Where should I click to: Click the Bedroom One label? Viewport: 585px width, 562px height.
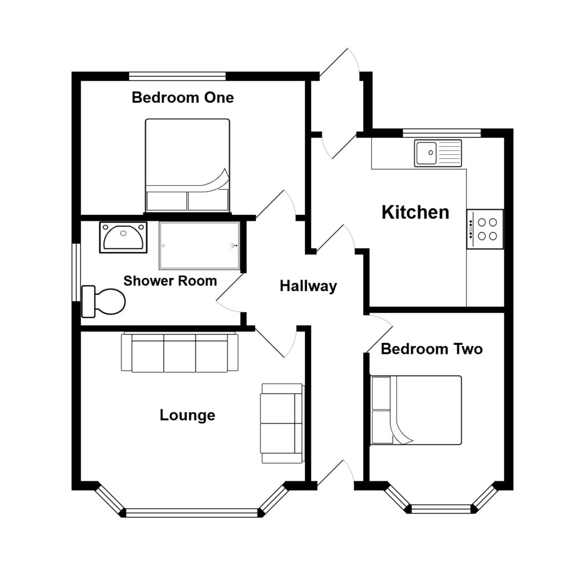pyautogui.click(x=182, y=98)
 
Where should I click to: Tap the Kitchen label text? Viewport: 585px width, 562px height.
pyautogui.click(x=415, y=213)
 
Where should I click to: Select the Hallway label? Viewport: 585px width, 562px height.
pyautogui.click(x=308, y=286)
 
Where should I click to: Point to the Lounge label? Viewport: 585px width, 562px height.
pyautogui.click(x=187, y=415)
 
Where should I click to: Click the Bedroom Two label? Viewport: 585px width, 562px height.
pyautogui.click(x=431, y=349)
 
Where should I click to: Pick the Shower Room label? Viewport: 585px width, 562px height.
pyautogui.click(x=170, y=281)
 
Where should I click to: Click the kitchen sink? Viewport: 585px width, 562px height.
pyautogui.click(x=438, y=153)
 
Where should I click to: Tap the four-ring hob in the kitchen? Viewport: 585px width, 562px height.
pyautogui.click(x=485, y=229)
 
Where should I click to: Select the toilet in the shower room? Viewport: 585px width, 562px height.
pyautogui.click(x=104, y=301)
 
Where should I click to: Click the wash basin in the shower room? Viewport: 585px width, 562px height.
pyautogui.click(x=123, y=237)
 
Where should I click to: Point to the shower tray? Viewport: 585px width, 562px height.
pyautogui.click(x=199, y=246)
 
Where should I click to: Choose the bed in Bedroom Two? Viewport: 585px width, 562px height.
pyautogui.click(x=416, y=410)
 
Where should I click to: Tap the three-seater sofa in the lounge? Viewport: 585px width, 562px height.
pyautogui.click(x=179, y=353)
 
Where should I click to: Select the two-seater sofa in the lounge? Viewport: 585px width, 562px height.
pyautogui.click(x=282, y=423)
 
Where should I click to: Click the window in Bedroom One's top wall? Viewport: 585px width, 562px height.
pyautogui.click(x=177, y=75)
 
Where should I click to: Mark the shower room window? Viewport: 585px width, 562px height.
pyautogui.click(x=75, y=272)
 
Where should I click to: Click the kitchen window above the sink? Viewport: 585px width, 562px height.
pyautogui.click(x=442, y=133)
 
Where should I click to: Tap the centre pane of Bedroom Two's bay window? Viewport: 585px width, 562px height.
pyautogui.click(x=441, y=508)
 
